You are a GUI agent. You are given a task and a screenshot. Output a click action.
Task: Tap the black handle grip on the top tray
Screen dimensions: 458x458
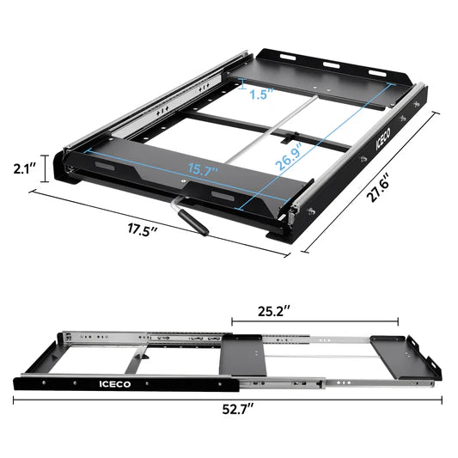click(192, 222)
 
